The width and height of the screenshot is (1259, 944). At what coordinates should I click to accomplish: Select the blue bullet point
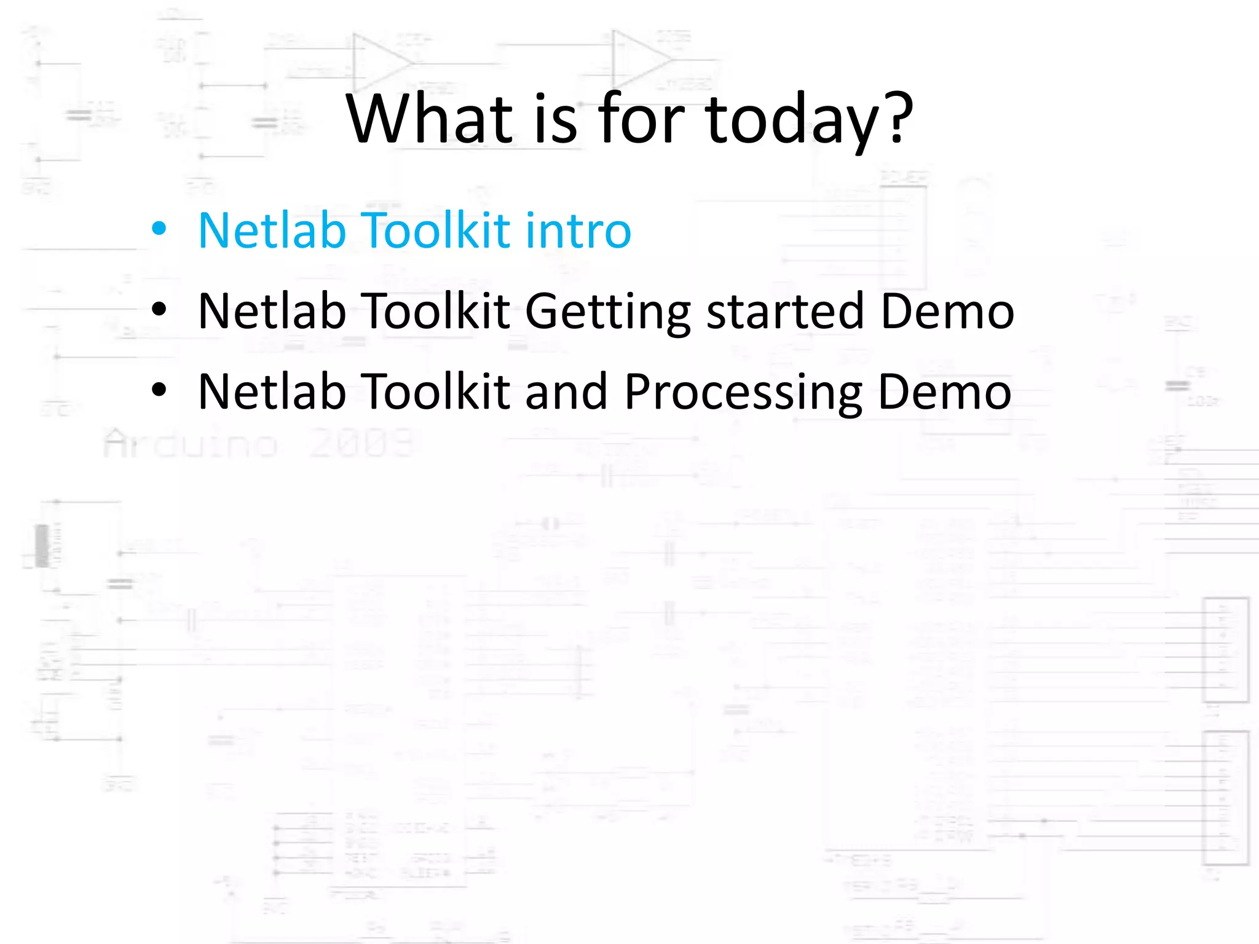(159, 229)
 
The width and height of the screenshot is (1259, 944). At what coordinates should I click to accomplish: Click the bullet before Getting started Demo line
(159, 310)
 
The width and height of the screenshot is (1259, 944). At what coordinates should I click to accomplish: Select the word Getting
(608, 312)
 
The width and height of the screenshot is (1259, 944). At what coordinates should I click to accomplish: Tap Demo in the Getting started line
(947, 311)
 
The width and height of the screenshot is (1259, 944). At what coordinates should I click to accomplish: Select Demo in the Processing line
(944, 391)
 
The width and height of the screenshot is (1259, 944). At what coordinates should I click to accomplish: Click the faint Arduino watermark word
(191, 444)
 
